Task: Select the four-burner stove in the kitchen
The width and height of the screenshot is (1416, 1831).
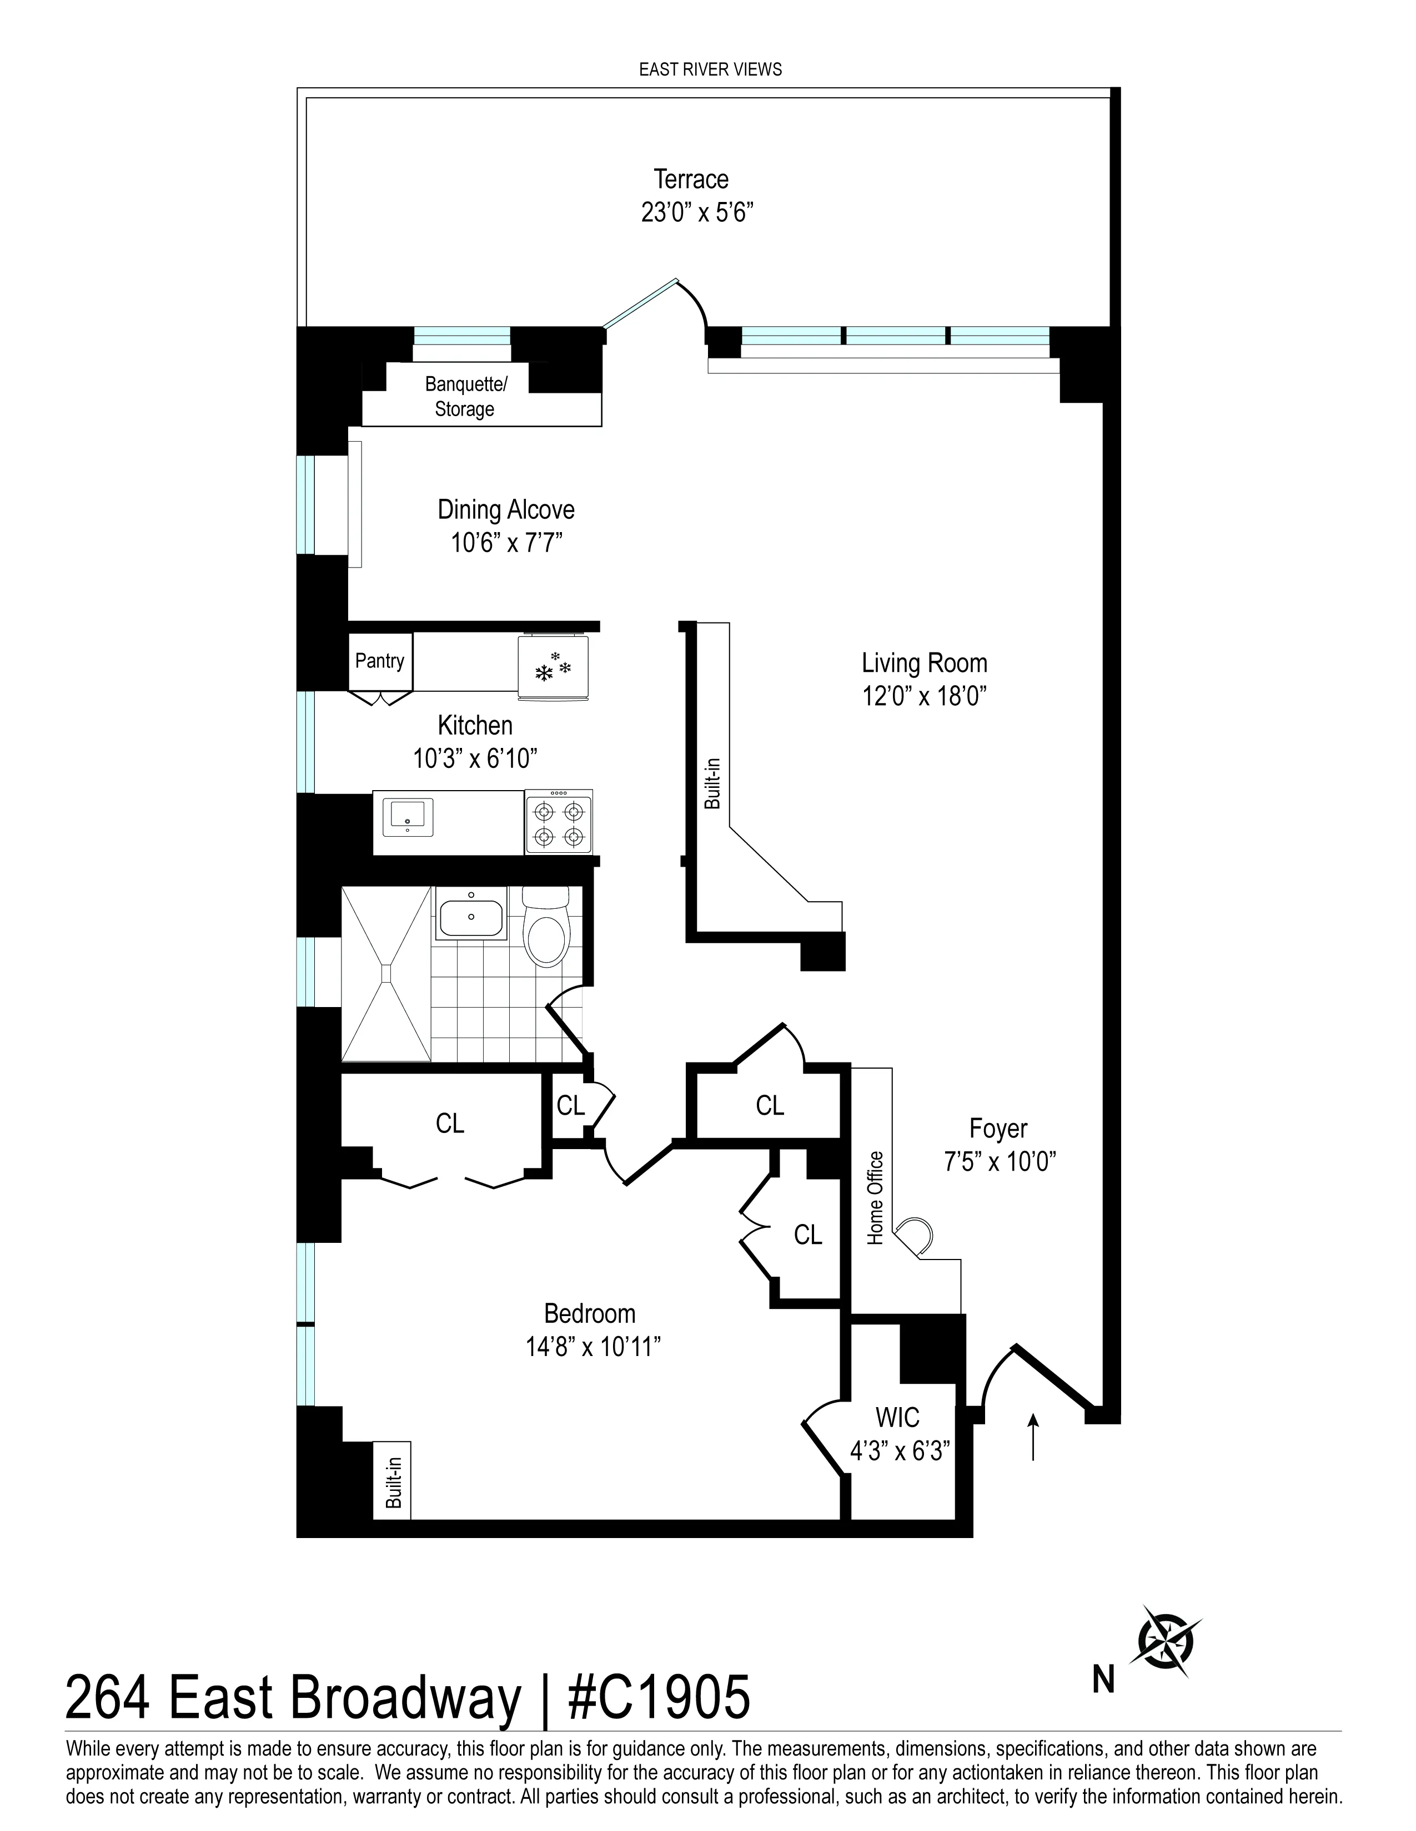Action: (x=559, y=822)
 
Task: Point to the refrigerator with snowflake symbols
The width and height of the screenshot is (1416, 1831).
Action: (x=553, y=667)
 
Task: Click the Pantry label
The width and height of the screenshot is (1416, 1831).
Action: (x=379, y=661)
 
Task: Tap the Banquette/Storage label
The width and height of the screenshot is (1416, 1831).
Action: (x=465, y=397)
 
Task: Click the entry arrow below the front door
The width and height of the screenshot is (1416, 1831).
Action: (x=1033, y=1435)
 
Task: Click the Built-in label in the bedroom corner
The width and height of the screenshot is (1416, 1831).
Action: (x=393, y=1483)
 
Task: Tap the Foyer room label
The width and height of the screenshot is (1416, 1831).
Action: (x=997, y=1129)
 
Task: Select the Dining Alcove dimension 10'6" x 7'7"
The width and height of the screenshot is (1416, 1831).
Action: (x=506, y=543)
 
